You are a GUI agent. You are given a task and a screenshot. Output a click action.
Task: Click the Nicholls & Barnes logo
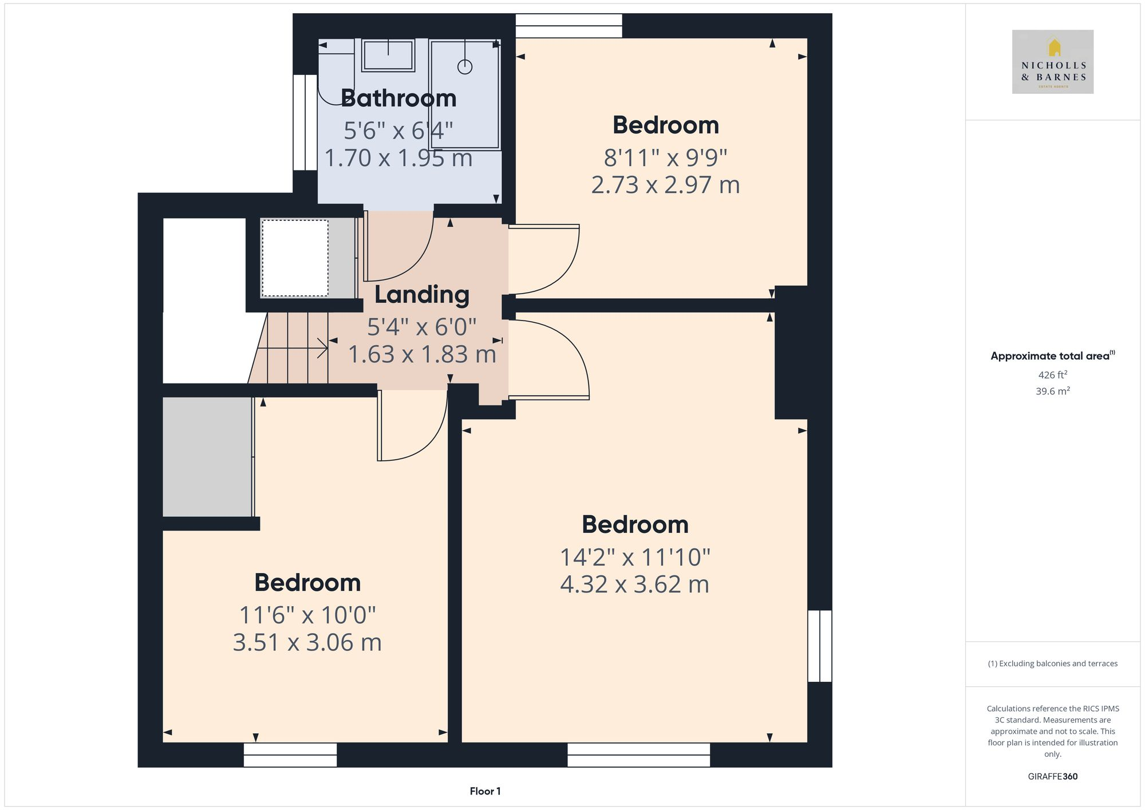pyautogui.click(x=1052, y=62)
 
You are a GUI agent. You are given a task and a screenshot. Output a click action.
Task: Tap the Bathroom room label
pyautogui.click(x=398, y=98)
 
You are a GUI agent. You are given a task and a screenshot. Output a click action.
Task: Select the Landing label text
pyautogui.click(x=422, y=295)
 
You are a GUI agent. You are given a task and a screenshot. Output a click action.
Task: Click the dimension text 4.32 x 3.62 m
pyautogui.click(x=634, y=584)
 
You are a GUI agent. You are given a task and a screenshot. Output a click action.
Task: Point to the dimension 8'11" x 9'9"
pyautogui.click(x=665, y=157)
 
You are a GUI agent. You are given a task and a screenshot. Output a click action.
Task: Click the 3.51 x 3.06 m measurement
pyautogui.click(x=307, y=642)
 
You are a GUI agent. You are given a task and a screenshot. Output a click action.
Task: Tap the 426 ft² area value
pyautogui.click(x=1052, y=375)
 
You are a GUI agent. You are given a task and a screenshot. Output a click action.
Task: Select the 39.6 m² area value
pyautogui.click(x=1052, y=391)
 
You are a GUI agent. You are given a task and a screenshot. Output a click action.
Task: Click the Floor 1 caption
pyautogui.click(x=485, y=791)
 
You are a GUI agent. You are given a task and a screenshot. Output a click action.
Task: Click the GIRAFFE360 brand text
pyautogui.click(x=1052, y=776)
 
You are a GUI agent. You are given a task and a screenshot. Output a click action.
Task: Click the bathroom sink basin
pyautogui.click(x=388, y=56)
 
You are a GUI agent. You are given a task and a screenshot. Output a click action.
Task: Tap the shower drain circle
pyautogui.click(x=465, y=67)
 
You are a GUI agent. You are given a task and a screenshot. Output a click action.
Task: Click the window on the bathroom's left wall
pyautogui.click(x=305, y=123)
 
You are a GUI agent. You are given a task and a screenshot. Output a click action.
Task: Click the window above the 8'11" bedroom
pyautogui.click(x=568, y=26)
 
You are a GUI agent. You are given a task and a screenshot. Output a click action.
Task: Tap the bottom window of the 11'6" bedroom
pyautogui.click(x=290, y=754)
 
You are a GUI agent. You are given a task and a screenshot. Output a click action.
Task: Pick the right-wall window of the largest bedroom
pyautogui.click(x=819, y=646)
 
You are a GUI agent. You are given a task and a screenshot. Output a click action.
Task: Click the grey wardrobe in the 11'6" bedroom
pyautogui.click(x=207, y=457)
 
